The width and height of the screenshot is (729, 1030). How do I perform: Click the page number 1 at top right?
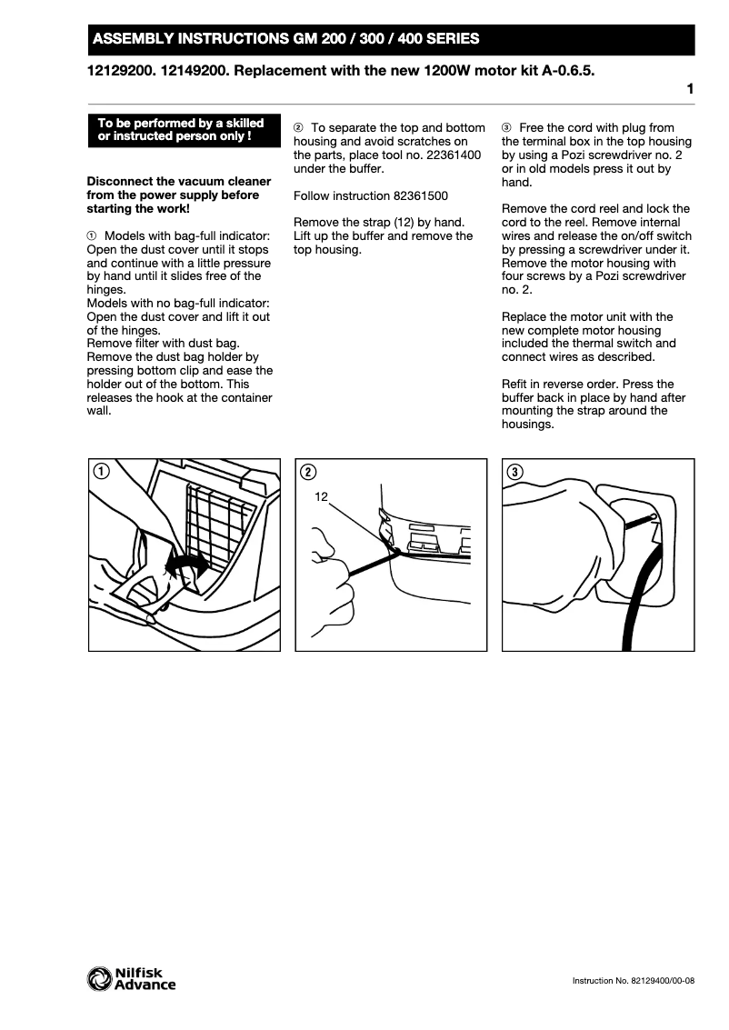[x=690, y=89]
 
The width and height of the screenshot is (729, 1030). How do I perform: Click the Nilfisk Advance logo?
[x=131, y=978]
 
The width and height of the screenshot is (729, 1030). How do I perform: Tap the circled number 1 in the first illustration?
[x=101, y=471]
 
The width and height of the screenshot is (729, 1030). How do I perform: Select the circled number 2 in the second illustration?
[x=308, y=471]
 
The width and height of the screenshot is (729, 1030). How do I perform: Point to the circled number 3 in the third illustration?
[x=515, y=471]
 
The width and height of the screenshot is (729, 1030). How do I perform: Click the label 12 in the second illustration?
[x=321, y=496]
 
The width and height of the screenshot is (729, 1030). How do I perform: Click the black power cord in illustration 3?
[x=637, y=600]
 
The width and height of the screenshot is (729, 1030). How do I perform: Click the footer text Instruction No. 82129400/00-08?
[x=633, y=981]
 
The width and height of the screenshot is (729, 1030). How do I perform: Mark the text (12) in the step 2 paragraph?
[x=399, y=223]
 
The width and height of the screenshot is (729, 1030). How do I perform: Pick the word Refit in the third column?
[x=517, y=384]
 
